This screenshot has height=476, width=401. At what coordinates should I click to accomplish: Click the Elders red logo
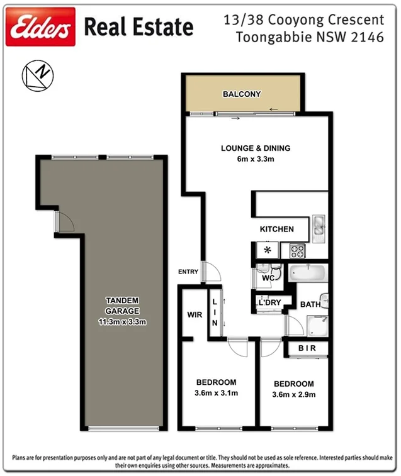click(40, 27)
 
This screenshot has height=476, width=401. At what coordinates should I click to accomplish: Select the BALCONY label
click(242, 94)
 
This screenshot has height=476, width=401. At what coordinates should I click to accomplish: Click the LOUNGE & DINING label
click(256, 148)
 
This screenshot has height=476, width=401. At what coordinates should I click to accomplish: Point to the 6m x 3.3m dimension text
click(256, 160)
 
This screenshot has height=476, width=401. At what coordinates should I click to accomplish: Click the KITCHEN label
click(277, 229)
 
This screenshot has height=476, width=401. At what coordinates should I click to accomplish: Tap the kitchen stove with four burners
click(297, 250)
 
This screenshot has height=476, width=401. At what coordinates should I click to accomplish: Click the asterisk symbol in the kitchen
click(267, 250)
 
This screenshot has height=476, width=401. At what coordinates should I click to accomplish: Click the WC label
click(268, 277)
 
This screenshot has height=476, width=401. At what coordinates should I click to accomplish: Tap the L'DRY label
click(269, 303)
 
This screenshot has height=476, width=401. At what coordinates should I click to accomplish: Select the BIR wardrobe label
click(307, 348)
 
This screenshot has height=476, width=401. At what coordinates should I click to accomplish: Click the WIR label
click(195, 314)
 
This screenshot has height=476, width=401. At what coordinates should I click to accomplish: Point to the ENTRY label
click(188, 272)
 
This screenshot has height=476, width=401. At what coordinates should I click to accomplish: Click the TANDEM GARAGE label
click(122, 306)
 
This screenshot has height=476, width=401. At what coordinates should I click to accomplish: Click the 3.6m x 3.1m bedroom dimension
click(216, 393)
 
